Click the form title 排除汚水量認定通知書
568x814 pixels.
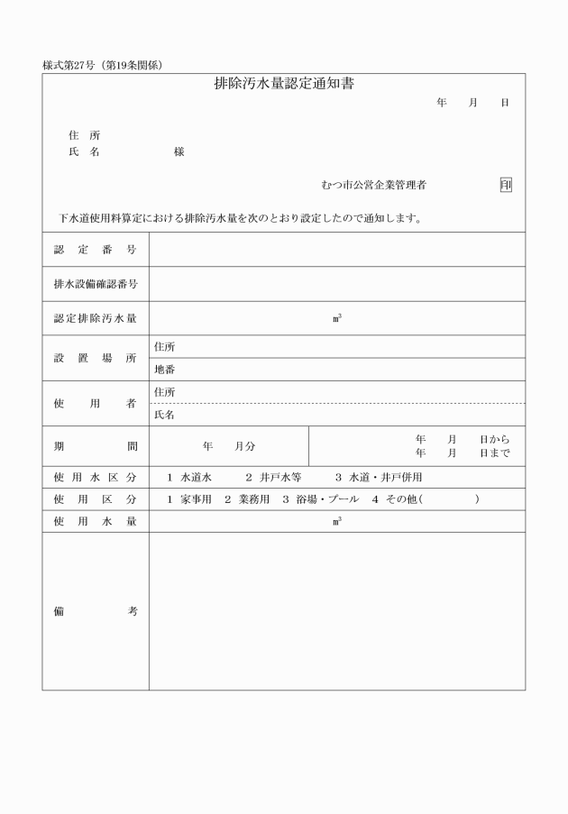283,85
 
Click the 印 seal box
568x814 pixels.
506,185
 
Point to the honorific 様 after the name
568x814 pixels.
179,151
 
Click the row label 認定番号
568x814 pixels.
95,249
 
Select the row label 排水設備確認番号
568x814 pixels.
95,283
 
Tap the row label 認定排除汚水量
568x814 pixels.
95,317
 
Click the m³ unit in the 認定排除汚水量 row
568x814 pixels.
336,317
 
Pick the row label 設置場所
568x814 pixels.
95,358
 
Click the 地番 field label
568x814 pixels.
164,370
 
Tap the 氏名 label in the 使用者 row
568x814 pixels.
164,415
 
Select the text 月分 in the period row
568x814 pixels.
244,446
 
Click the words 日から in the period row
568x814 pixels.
494,439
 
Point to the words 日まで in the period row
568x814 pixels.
494,453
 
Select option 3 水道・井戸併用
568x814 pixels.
379,477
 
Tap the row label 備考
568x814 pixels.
95,611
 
